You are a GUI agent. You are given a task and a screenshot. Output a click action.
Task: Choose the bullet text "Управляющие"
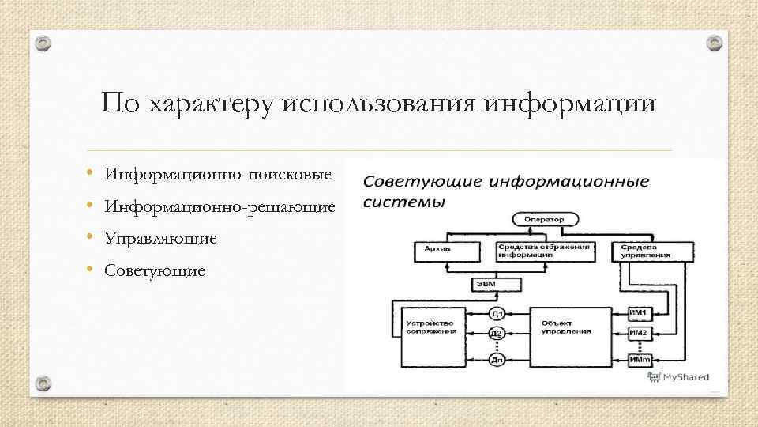click(161, 239)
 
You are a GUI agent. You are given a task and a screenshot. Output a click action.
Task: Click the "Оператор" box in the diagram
click(544, 218)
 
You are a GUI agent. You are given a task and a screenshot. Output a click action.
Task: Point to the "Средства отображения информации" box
click(544, 251)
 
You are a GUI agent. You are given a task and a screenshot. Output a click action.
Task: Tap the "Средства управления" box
click(640, 251)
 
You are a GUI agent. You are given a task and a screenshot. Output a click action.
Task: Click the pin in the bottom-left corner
click(43, 384)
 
